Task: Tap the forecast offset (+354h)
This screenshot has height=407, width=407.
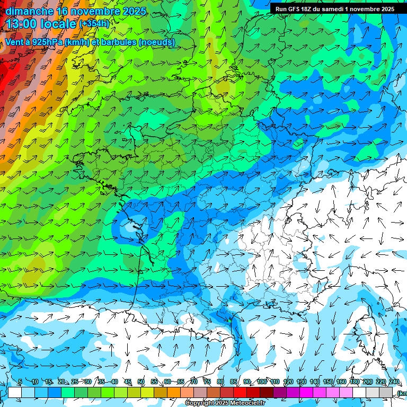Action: pos(94,23)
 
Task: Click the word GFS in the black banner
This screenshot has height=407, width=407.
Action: pos(293,9)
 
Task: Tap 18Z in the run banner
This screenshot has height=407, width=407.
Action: pos(307,9)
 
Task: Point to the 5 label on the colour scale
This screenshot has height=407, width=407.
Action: pos(20,382)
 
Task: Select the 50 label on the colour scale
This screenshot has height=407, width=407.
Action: pos(141,382)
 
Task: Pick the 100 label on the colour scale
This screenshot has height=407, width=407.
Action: pos(262,382)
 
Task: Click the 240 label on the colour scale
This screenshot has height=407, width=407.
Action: pos(394,382)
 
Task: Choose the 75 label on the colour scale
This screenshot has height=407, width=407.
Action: pos(207,382)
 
